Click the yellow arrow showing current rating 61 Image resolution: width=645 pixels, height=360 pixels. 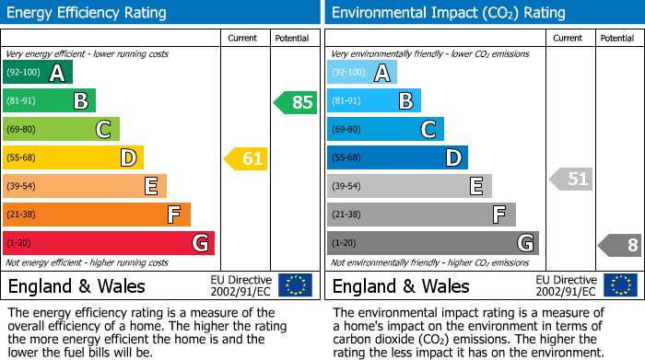[x=246, y=158]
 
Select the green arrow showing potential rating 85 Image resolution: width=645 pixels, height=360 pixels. [x=296, y=102]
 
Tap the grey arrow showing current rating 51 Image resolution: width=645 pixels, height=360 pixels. [x=571, y=179]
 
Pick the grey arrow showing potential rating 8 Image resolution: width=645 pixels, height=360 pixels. [x=620, y=245]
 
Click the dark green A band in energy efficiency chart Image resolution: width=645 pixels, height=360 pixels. [x=38, y=73]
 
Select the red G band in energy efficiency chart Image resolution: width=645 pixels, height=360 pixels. [x=109, y=243]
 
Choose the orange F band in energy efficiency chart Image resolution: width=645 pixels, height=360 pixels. [x=97, y=215]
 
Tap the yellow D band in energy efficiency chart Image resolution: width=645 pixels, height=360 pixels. [x=73, y=158]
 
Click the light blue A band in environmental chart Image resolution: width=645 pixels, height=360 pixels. [x=362, y=73]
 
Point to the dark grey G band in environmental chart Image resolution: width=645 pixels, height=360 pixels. [x=433, y=243]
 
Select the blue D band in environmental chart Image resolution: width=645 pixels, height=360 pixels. [x=397, y=158]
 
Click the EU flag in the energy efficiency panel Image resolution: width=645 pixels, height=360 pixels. [x=295, y=285]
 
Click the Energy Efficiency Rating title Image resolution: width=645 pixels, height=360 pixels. [x=88, y=13]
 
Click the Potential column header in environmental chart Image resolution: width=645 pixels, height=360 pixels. [x=616, y=38]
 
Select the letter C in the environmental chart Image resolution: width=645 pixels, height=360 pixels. [x=428, y=130]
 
